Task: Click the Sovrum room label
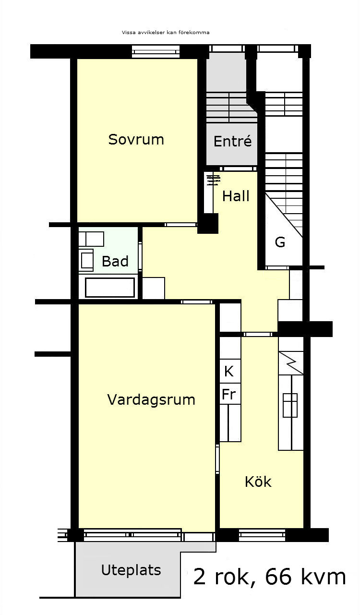coord(136,140)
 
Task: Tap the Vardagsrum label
coord(151,399)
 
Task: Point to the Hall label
coord(236,196)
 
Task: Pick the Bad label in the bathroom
coord(115,261)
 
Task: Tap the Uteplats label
coord(131,570)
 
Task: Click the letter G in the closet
coord(280,242)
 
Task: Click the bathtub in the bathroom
coord(110,288)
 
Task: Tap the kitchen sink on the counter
coord(290,405)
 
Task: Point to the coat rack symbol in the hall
coord(214,180)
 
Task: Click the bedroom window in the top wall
coord(156,52)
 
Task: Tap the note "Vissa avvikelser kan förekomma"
coord(166,32)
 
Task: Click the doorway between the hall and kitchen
coord(258,334)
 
